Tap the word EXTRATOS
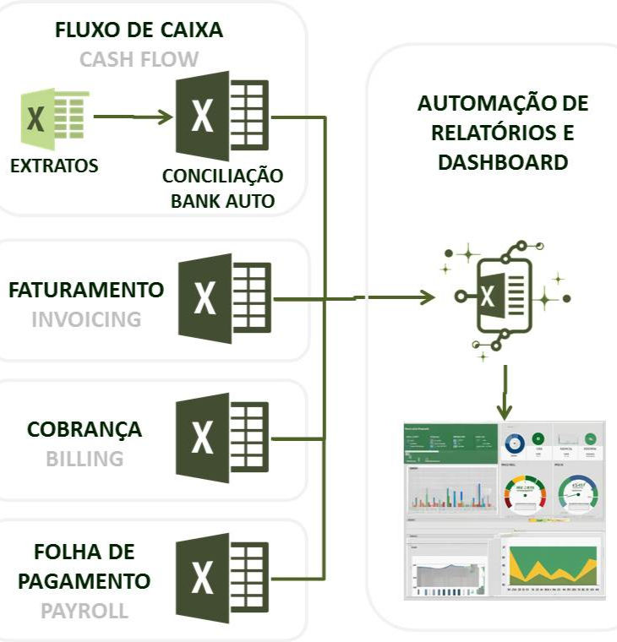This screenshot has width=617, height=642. tap(54, 166)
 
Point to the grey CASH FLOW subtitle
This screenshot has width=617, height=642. tap(139, 60)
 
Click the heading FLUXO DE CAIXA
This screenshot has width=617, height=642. tap(139, 31)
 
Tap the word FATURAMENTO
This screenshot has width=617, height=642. tap(86, 290)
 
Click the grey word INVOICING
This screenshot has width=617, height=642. tap(86, 319)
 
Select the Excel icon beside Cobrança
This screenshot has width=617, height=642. tap(224, 438)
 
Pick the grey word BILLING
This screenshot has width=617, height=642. tap(85, 459)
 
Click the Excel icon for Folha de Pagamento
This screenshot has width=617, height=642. tap(224, 578)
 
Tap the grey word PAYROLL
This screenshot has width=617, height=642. tap(85, 610)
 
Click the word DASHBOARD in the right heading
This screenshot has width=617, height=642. tap(503, 163)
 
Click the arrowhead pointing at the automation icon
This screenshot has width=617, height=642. tap(427, 297)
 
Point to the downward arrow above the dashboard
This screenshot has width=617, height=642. tap(505, 397)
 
